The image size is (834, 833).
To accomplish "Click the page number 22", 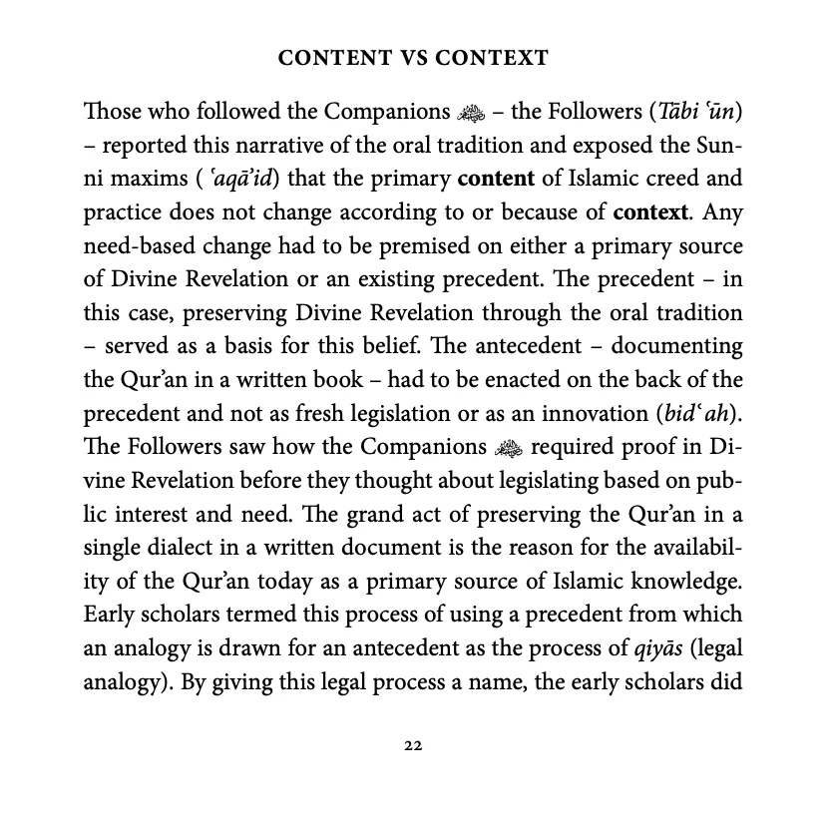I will click(416, 745).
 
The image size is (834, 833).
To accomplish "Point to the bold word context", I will click(651, 211).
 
